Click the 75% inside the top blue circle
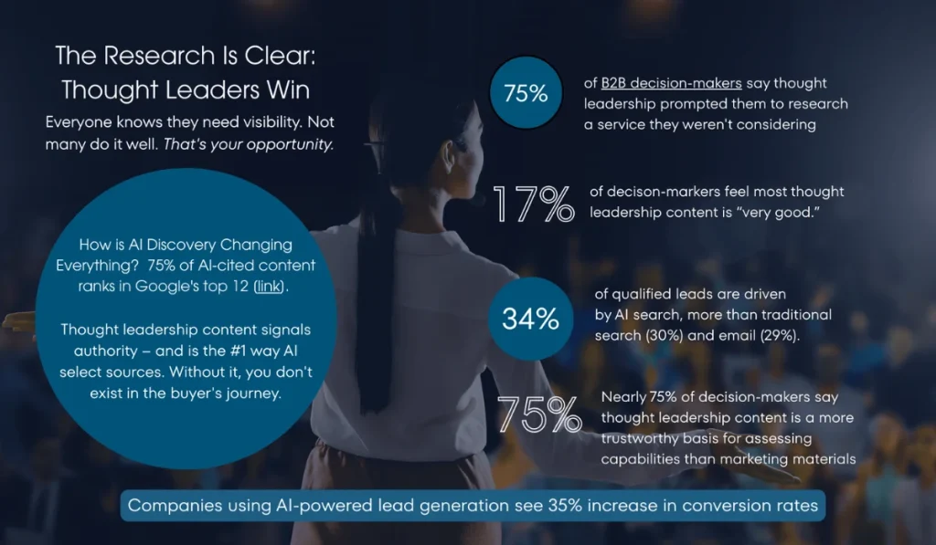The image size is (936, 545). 526,93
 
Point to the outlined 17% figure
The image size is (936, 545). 534,204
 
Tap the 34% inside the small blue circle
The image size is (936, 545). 530,319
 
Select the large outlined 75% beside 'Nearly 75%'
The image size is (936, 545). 539,414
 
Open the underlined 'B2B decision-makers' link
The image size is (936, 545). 671,83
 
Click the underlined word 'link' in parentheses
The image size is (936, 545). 268,287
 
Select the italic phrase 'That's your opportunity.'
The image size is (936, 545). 249,144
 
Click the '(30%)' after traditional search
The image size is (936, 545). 664,335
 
